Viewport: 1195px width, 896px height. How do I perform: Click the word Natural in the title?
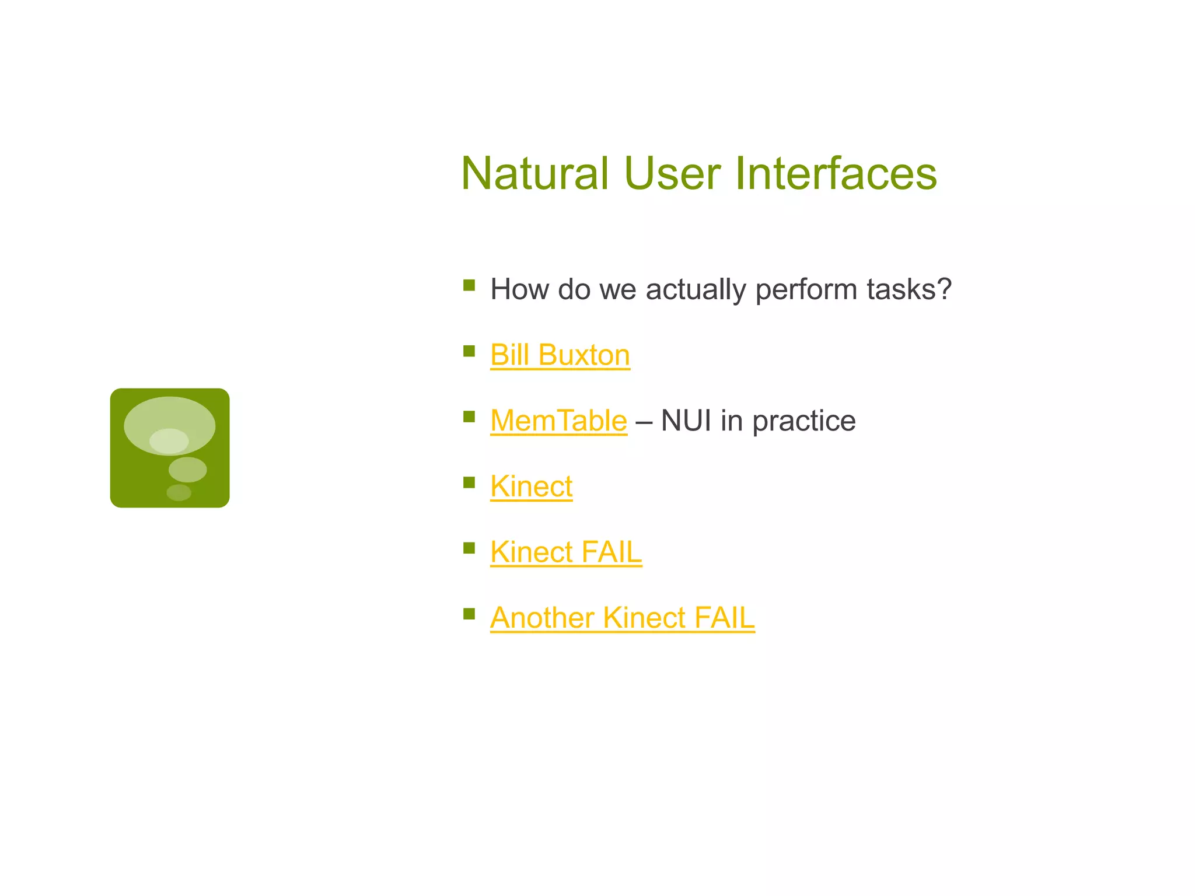pos(534,173)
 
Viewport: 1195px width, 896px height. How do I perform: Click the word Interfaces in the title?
pos(836,173)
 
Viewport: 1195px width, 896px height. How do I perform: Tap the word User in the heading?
pos(672,173)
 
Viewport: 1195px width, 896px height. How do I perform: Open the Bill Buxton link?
pos(560,355)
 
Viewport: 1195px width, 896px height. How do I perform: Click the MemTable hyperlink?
pos(558,421)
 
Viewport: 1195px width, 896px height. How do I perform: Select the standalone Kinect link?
pos(531,487)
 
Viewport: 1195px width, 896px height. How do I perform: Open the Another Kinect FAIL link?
pos(622,618)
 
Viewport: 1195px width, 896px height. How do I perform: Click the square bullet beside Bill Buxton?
pos(469,351)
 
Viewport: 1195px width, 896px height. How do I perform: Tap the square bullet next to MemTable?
pos(469,416)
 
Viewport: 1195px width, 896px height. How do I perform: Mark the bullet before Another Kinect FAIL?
pos(469,614)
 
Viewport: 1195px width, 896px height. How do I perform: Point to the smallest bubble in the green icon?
pos(179,492)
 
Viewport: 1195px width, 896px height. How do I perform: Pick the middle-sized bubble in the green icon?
pos(187,470)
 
